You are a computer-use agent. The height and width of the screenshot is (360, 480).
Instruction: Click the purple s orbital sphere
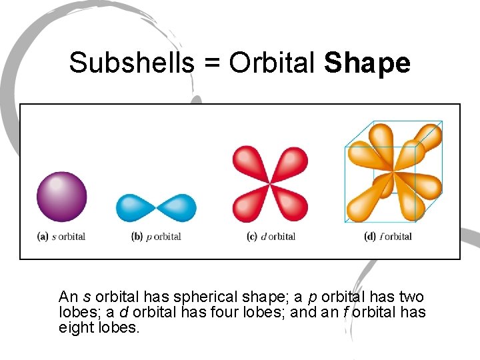61,197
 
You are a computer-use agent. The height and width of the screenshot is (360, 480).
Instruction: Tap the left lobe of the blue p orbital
136,208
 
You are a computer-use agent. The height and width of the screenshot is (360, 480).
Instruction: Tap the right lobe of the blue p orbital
178,208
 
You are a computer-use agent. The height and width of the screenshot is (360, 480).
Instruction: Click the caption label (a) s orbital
61,236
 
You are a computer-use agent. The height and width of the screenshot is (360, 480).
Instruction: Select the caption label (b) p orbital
156,236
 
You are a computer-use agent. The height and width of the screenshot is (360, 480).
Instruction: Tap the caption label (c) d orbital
271,236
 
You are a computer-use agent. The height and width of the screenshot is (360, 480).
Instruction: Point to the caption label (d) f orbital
389,236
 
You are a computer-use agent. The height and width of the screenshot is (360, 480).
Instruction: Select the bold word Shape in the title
367,63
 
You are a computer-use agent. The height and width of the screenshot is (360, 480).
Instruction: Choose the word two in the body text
411,297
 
